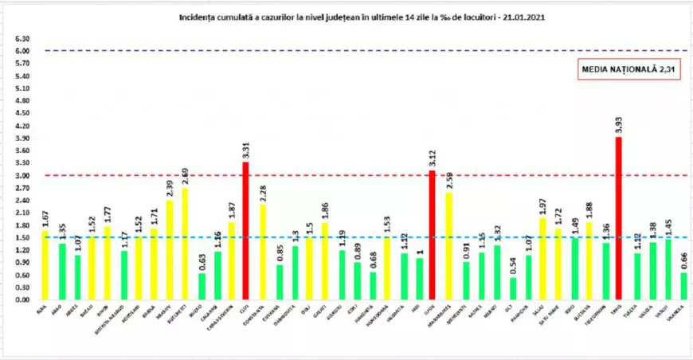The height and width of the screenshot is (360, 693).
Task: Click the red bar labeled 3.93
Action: click(618, 219)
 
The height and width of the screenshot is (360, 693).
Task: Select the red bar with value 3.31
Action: click(245, 231)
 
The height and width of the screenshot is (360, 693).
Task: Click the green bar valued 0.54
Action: click(512, 288)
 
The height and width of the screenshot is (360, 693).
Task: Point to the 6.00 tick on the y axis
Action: click(22, 51)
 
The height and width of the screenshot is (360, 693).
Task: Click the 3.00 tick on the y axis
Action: click(22, 175)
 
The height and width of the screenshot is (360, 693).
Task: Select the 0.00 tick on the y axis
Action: click(22, 300)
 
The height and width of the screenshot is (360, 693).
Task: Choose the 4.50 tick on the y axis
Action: click(22, 113)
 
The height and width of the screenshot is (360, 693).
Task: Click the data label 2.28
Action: click(263, 194)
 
